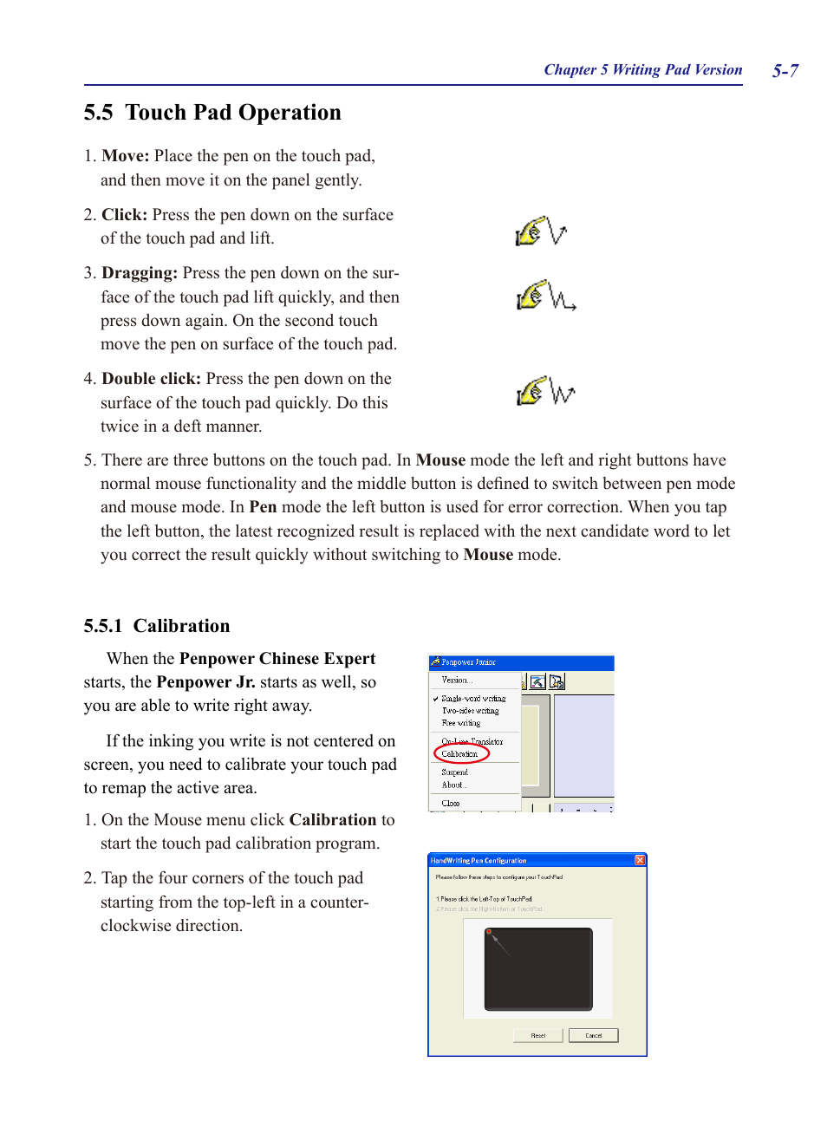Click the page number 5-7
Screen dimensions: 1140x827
(x=785, y=71)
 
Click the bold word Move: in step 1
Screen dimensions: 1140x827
(x=125, y=156)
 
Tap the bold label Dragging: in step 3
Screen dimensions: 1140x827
(x=139, y=273)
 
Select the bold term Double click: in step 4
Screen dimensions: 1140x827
(x=151, y=379)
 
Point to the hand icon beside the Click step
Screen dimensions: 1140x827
(x=530, y=232)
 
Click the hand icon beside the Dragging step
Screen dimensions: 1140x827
(x=531, y=296)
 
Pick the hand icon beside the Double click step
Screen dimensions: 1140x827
(x=531, y=392)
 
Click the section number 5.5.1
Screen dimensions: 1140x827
(x=102, y=626)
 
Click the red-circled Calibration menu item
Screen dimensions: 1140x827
(x=459, y=754)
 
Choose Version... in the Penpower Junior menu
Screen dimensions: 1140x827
(x=456, y=681)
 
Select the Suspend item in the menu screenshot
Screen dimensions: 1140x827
(x=454, y=772)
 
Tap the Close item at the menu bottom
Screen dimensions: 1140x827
(x=450, y=804)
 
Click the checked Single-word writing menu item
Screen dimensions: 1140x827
(x=473, y=699)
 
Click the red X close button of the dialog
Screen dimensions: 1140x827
(x=640, y=860)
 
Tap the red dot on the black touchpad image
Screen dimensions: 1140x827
(x=489, y=932)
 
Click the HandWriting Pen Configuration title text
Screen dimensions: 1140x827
(x=479, y=861)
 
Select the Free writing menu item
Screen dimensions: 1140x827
(x=460, y=723)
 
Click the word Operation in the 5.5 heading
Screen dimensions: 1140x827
(x=290, y=113)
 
